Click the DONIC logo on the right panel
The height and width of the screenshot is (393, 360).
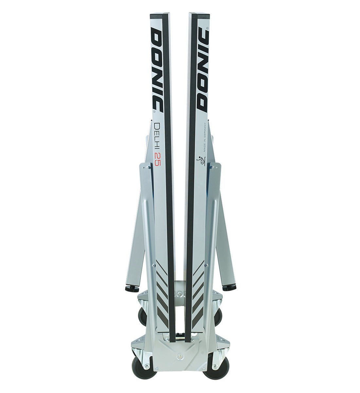[x=203, y=69]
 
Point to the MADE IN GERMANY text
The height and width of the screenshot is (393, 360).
[x=205, y=137]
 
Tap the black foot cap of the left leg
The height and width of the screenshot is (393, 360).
[x=132, y=289]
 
